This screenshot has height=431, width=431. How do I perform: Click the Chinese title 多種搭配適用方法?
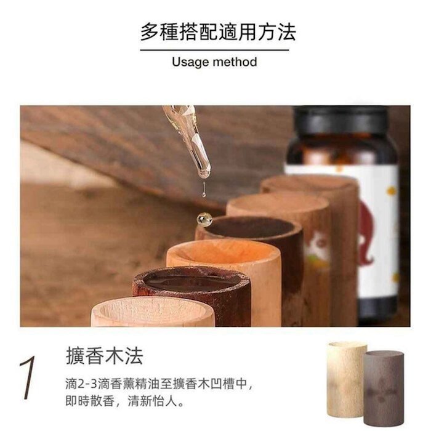click(215, 31)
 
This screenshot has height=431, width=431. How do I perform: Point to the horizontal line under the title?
click(215, 50)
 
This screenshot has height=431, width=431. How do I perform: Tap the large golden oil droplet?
click(204, 219)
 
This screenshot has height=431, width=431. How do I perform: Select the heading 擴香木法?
click(104, 356)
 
